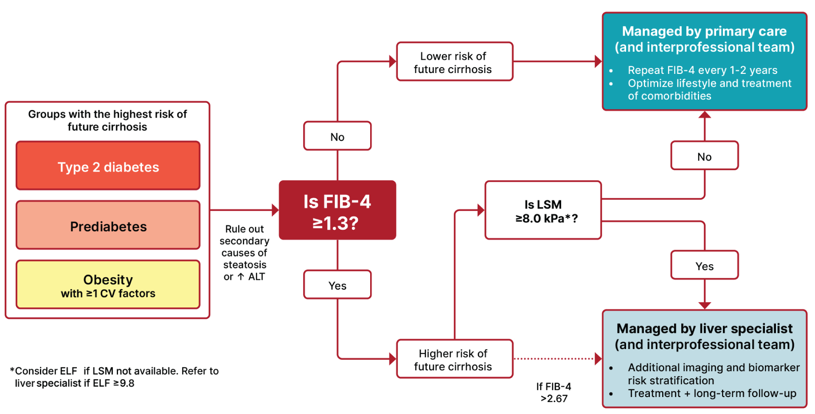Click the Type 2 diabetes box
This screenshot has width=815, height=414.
[108, 166]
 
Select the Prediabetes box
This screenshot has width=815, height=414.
[108, 225]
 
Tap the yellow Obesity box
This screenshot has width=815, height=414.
[108, 285]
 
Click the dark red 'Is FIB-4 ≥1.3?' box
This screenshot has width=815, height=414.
[337, 211]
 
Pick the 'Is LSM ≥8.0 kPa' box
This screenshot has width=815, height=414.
[543, 211]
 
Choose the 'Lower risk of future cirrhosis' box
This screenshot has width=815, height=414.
[454, 62]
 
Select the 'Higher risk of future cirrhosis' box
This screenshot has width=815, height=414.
[454, 359]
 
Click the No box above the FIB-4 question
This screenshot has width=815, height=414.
[337, 136]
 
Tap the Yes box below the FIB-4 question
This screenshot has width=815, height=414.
[337, 285]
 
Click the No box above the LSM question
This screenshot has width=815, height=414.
[704, 156]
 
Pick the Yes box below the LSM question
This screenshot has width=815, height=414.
[704, 265]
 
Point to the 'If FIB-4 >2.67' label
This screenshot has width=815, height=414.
[554, 392]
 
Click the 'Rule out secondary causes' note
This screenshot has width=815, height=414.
[244, 253]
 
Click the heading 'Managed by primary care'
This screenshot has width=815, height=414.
[704, 39]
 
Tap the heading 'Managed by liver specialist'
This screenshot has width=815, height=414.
[704, 336]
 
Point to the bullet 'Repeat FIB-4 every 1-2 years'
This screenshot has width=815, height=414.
[703, 70]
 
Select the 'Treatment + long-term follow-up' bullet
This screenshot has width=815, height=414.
[712, 394]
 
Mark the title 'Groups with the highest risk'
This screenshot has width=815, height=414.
[107, 120]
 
